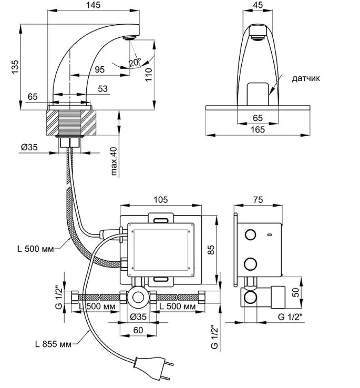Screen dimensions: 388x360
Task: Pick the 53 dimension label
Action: click(102, 88)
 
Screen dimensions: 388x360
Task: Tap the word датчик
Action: click(306, 78)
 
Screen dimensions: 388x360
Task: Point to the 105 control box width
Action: click(160, 199)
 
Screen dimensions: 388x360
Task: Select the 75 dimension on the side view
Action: click(258, 199)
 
